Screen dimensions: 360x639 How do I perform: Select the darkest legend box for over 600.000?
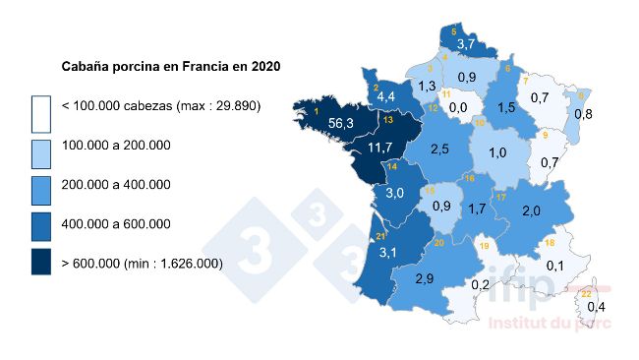[40, 262]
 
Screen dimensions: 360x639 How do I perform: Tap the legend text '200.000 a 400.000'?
[116, 184]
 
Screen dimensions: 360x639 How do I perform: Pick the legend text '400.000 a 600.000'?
[116, 223]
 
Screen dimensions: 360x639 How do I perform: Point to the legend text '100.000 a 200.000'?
[116, 145]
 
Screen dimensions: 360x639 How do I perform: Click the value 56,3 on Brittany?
[341, 124]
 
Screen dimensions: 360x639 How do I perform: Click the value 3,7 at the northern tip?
[466, 45]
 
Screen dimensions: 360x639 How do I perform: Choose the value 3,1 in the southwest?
[389, 253]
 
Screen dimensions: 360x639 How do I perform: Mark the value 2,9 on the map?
[425, 279]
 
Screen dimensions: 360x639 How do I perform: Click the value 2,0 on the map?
[531, 211]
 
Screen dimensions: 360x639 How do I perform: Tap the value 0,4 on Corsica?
[595, 308]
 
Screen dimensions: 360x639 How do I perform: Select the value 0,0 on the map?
[457, 106]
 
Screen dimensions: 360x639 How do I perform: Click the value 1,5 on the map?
[507, 106]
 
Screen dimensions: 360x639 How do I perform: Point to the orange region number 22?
[587, 293]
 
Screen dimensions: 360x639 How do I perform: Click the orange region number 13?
[388, 120]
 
